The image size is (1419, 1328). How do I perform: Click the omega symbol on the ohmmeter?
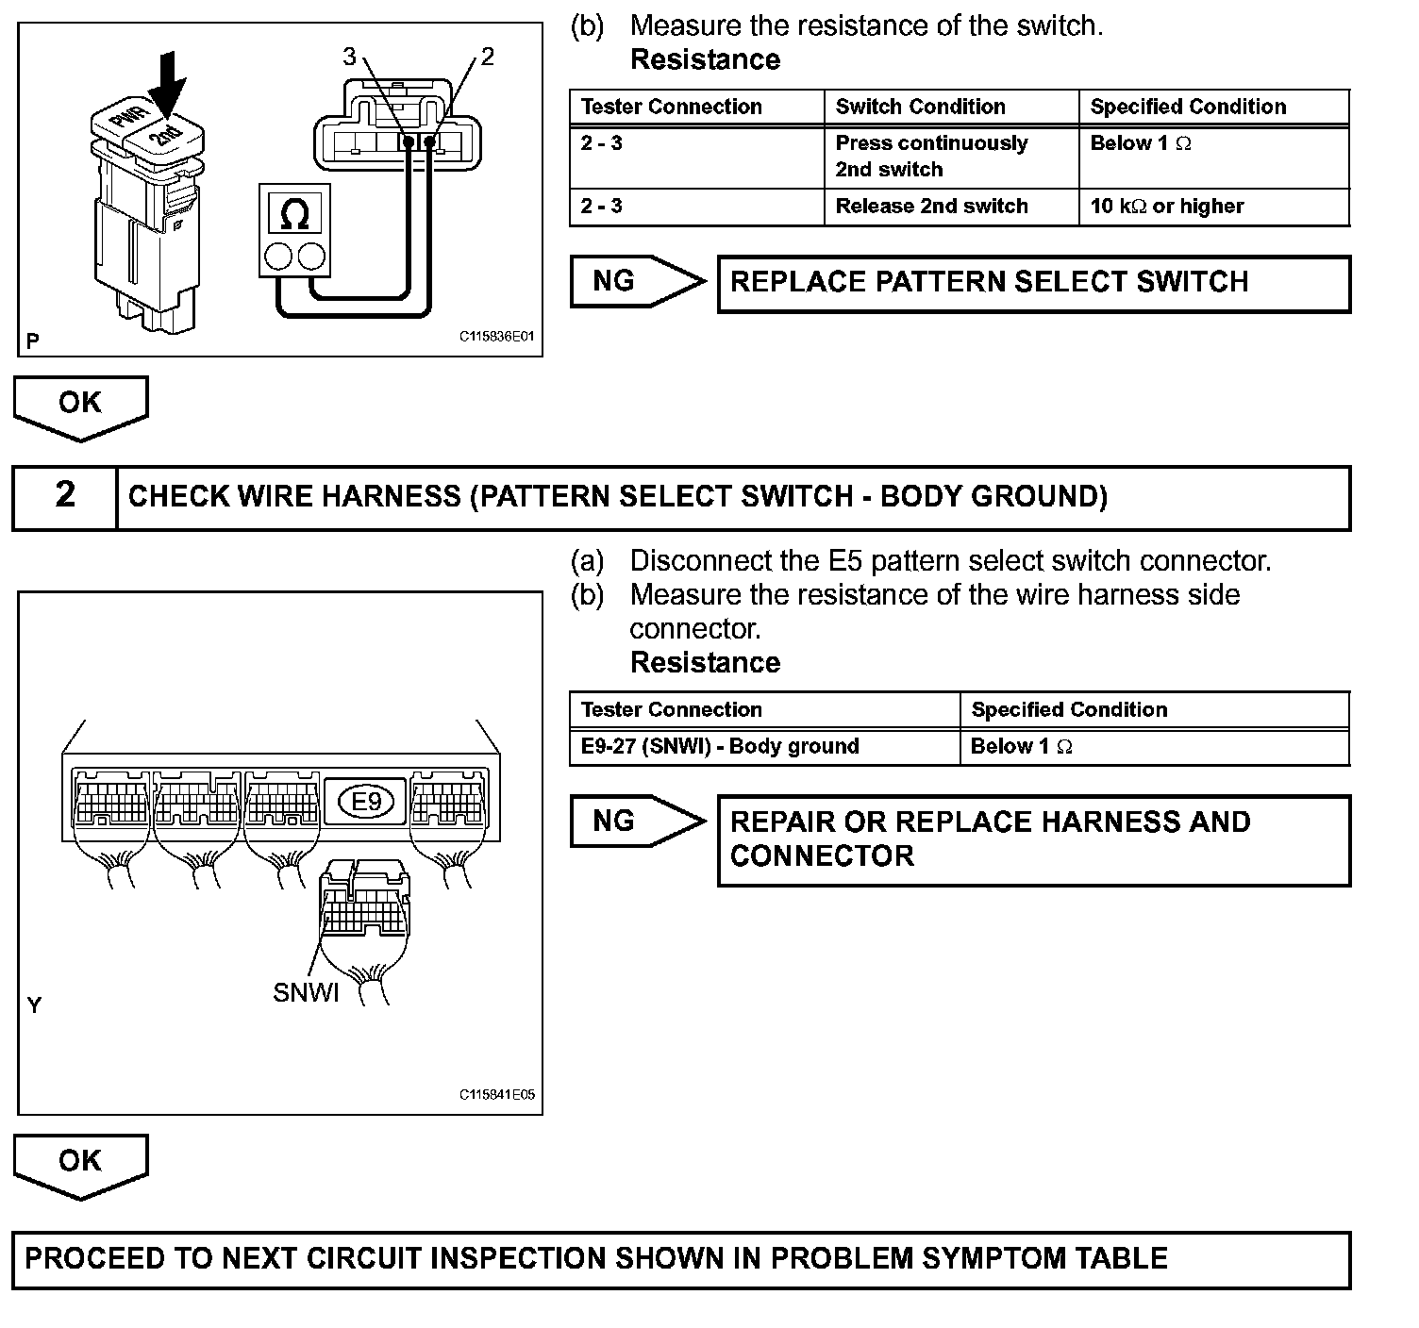[294, 213]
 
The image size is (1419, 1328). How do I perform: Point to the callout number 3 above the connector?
[349, 56]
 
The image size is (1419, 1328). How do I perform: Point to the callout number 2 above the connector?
[487, 56]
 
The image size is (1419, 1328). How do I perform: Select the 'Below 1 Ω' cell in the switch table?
[1214, 158]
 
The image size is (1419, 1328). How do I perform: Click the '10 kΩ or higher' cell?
[1214, 207]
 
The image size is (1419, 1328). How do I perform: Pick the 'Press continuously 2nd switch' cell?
[951, 158]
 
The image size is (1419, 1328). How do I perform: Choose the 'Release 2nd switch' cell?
[951, 207]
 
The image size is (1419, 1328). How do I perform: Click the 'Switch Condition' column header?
[951, 108]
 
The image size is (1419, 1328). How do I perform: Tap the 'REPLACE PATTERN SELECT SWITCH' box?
[1034, 284]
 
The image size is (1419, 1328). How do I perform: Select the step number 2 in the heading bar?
[65, 494]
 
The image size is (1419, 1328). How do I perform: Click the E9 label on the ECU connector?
[366, 801]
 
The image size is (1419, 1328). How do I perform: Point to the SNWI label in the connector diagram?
[305, 992]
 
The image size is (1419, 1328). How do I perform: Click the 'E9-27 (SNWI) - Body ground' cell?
[764, 747]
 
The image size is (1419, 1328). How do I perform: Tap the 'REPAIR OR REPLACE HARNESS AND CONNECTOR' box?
[1034, 840]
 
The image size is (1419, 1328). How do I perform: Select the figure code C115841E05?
[496, 1094]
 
